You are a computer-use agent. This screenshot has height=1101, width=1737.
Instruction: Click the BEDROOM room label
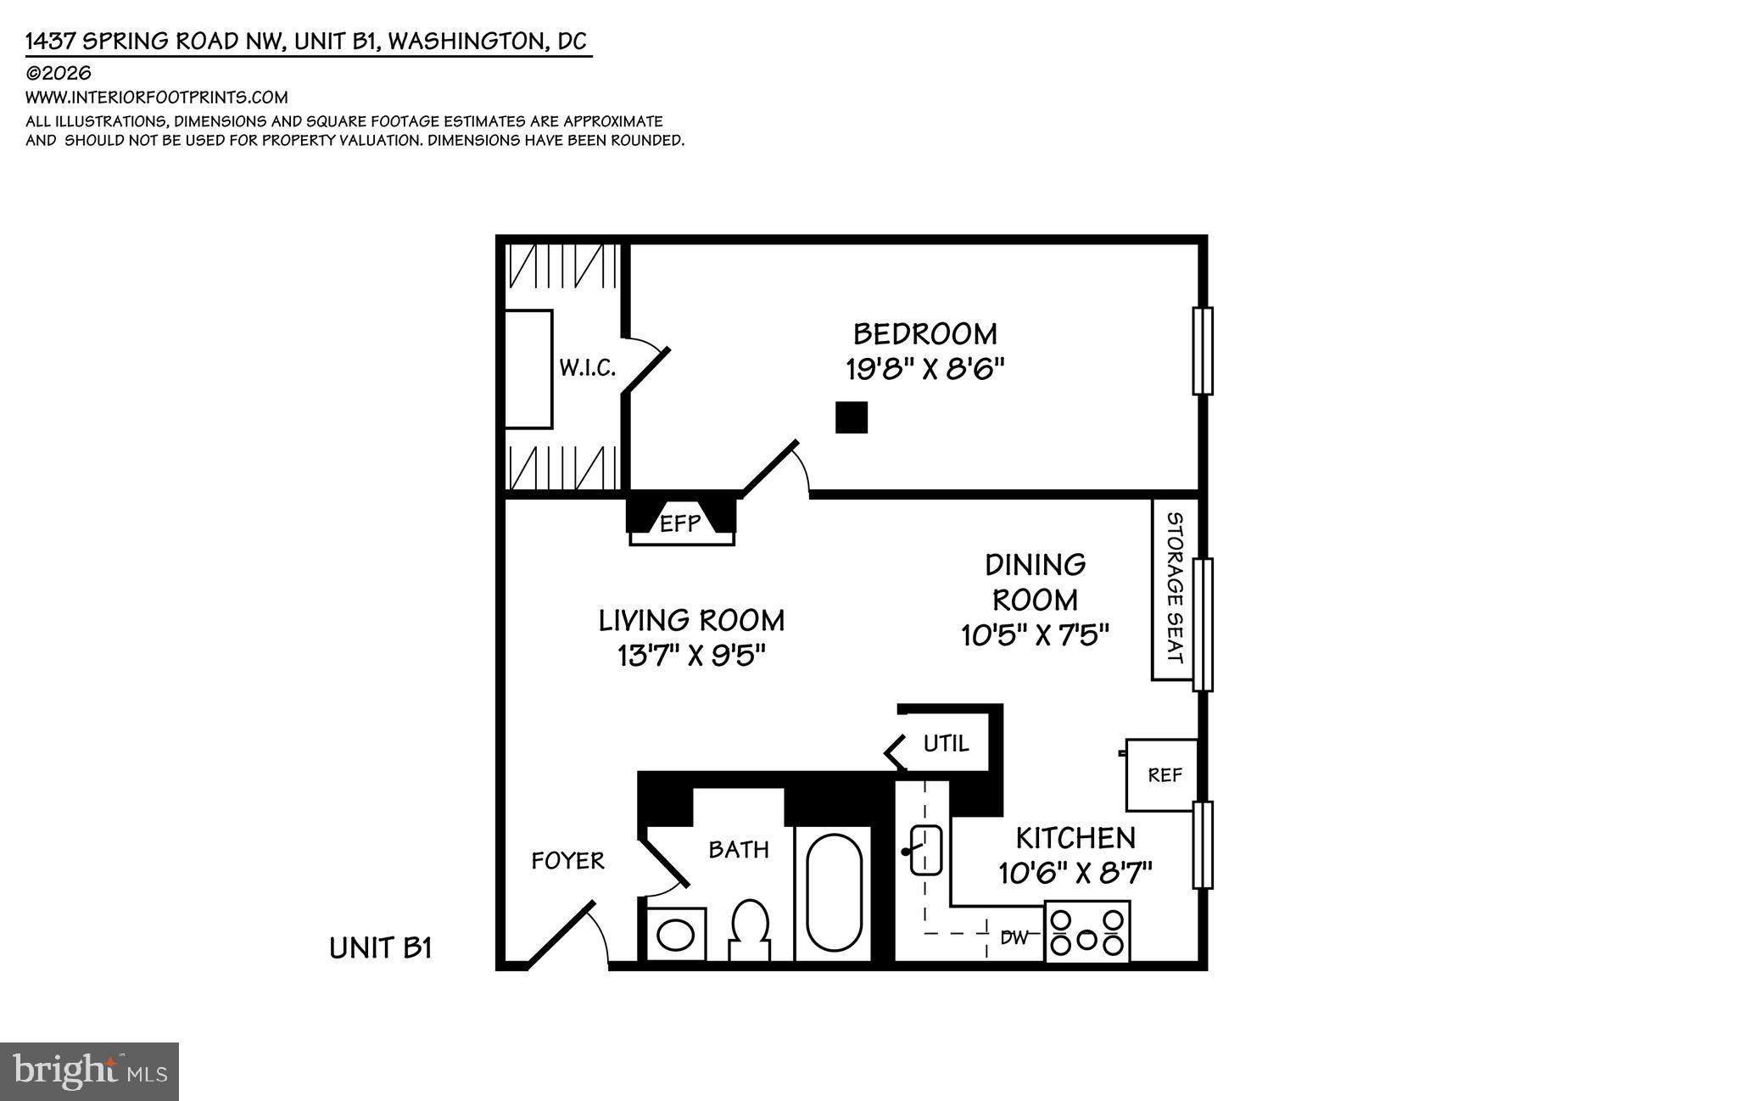(x=924, y=333)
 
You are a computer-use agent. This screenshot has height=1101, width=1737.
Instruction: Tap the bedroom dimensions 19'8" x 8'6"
(x=924, y=370)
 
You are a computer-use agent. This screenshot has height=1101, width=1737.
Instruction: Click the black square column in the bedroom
(x=851, y=417)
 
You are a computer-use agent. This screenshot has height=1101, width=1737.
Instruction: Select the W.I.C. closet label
(x=587, y=368)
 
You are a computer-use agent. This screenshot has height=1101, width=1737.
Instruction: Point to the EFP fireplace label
(x=680, y=523)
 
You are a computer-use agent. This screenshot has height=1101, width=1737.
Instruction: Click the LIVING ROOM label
(x=691, y=620)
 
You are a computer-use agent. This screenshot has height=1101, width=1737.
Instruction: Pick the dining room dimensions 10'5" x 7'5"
(x=1035, y=634)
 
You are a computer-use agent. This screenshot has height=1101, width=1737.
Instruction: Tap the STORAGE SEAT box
(x=1173, y=589)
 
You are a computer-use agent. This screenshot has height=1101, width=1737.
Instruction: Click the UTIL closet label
(x=946, y=744)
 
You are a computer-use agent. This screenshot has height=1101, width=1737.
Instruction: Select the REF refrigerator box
(x=1164, y=774)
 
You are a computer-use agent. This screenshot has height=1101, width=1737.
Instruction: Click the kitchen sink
(x=925, y=850)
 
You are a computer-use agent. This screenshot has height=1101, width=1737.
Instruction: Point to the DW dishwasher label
(x=1014, y=937)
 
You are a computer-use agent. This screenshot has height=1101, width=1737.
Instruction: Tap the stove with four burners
(x=1086, y=931)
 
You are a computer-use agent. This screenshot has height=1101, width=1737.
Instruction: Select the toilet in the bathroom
(x=749, y=928)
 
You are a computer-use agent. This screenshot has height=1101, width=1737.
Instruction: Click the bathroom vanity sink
(x=676, y=936)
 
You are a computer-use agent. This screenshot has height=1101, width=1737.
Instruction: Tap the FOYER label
(x=567, y=861)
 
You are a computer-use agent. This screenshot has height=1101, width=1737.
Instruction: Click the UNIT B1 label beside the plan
(x=381, y=947)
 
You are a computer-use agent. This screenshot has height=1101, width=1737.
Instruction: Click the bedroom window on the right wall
(x=1202, y=350)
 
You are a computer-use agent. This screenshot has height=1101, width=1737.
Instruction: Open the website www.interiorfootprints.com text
(x=157, y=98)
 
